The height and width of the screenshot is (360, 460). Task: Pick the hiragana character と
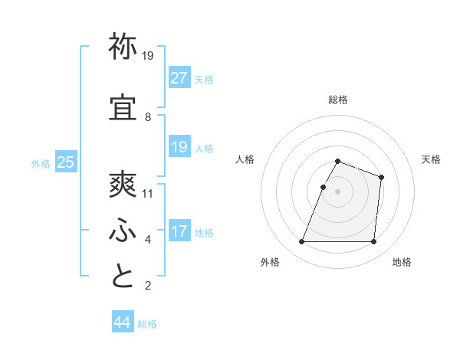(123, 275)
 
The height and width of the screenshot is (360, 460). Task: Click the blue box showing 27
(179, 77)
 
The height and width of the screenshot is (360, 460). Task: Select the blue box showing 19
(179, 147)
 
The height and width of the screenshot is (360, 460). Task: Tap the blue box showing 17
(179, 231)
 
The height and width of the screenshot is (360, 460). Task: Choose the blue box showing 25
(65, 162)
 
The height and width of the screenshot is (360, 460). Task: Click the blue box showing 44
(123, 322)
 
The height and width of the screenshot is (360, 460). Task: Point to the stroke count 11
(149, 193)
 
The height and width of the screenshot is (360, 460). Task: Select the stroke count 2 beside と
(147, 286)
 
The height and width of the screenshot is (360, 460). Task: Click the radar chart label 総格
(337, 100)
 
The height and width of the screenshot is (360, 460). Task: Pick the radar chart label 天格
(432, 159)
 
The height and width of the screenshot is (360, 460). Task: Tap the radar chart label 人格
(245, 159)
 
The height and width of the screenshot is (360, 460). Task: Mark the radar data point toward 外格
(302, 242)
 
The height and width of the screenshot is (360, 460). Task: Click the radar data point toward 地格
(373, 242)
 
